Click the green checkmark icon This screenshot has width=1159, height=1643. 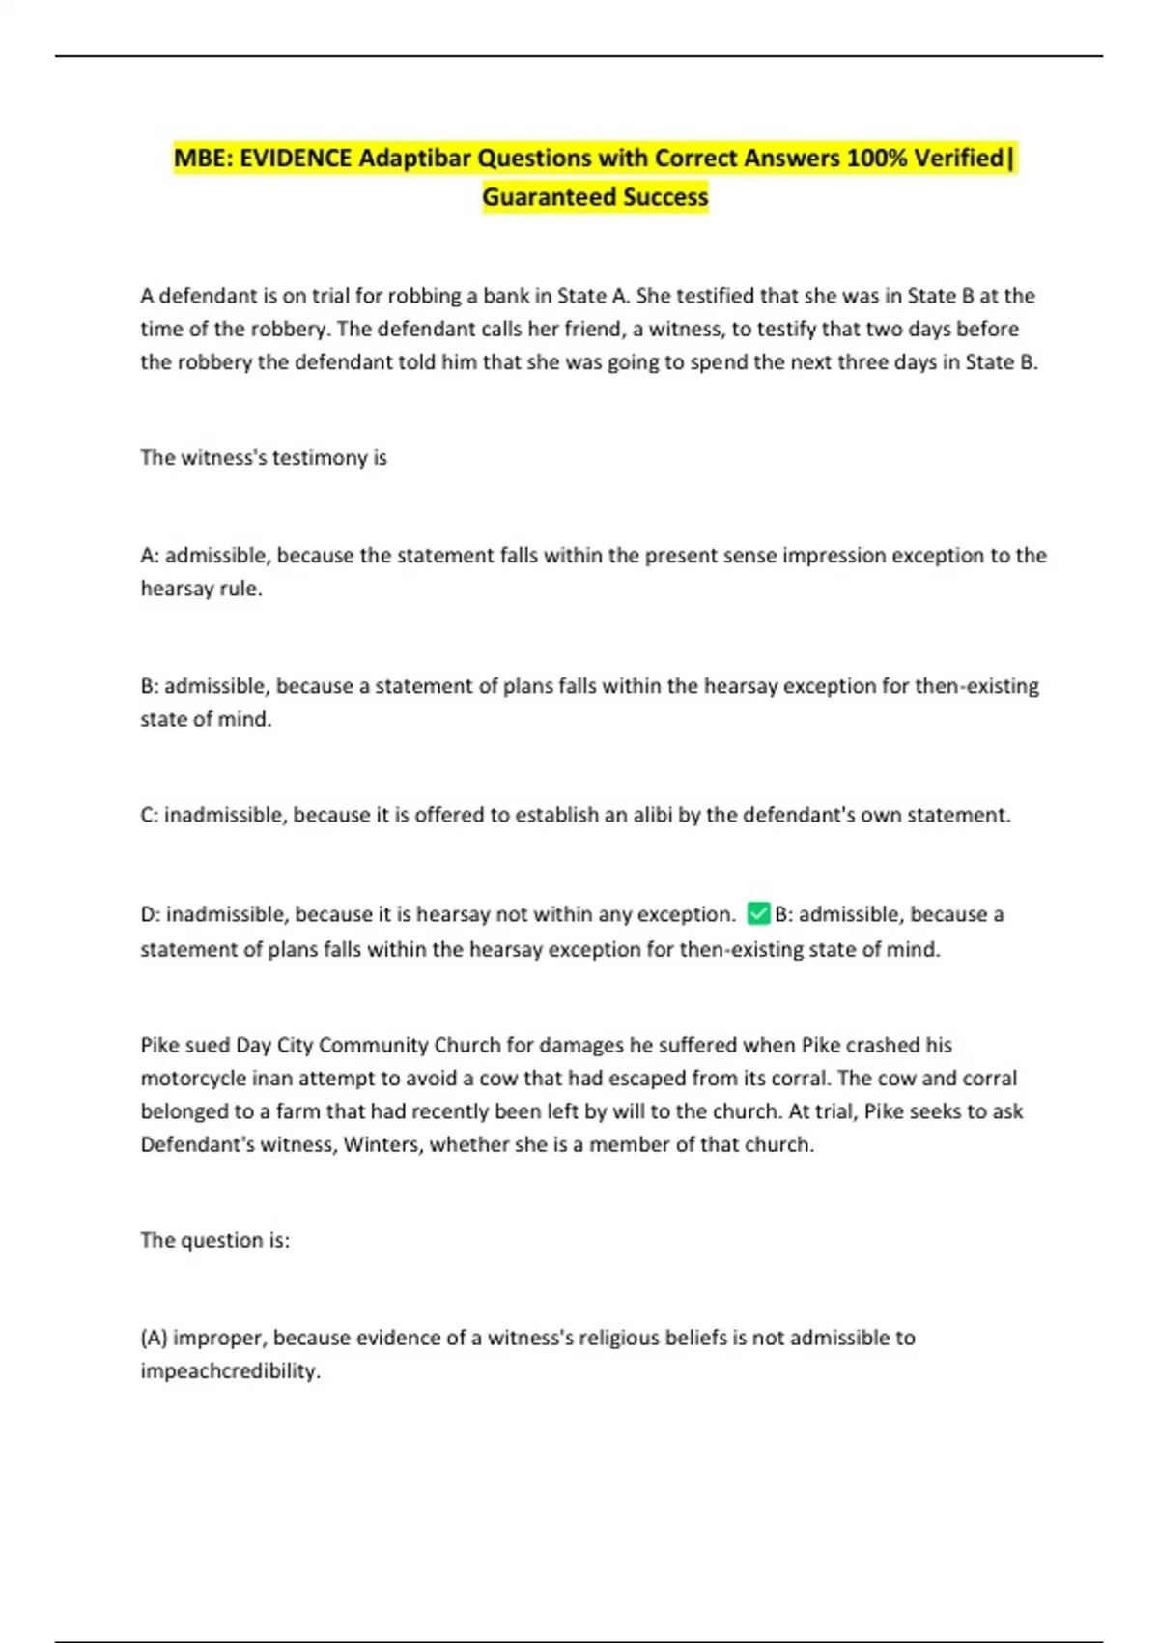click(x=758, y=913)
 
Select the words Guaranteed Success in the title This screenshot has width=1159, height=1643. click(x=595, y=197)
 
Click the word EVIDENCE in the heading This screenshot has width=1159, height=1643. click(x=296, y=158)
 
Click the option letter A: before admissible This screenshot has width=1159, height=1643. click(x=150, y=556)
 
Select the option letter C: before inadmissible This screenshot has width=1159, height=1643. click(x=150, y=815)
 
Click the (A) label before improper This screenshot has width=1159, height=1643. click(x=154, y=1338)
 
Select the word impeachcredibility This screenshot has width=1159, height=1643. click(x=230, y=1371)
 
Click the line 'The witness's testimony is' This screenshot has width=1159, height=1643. click(x=263, y=458)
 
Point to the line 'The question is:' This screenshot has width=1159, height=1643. click(x=214, y=1240)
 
